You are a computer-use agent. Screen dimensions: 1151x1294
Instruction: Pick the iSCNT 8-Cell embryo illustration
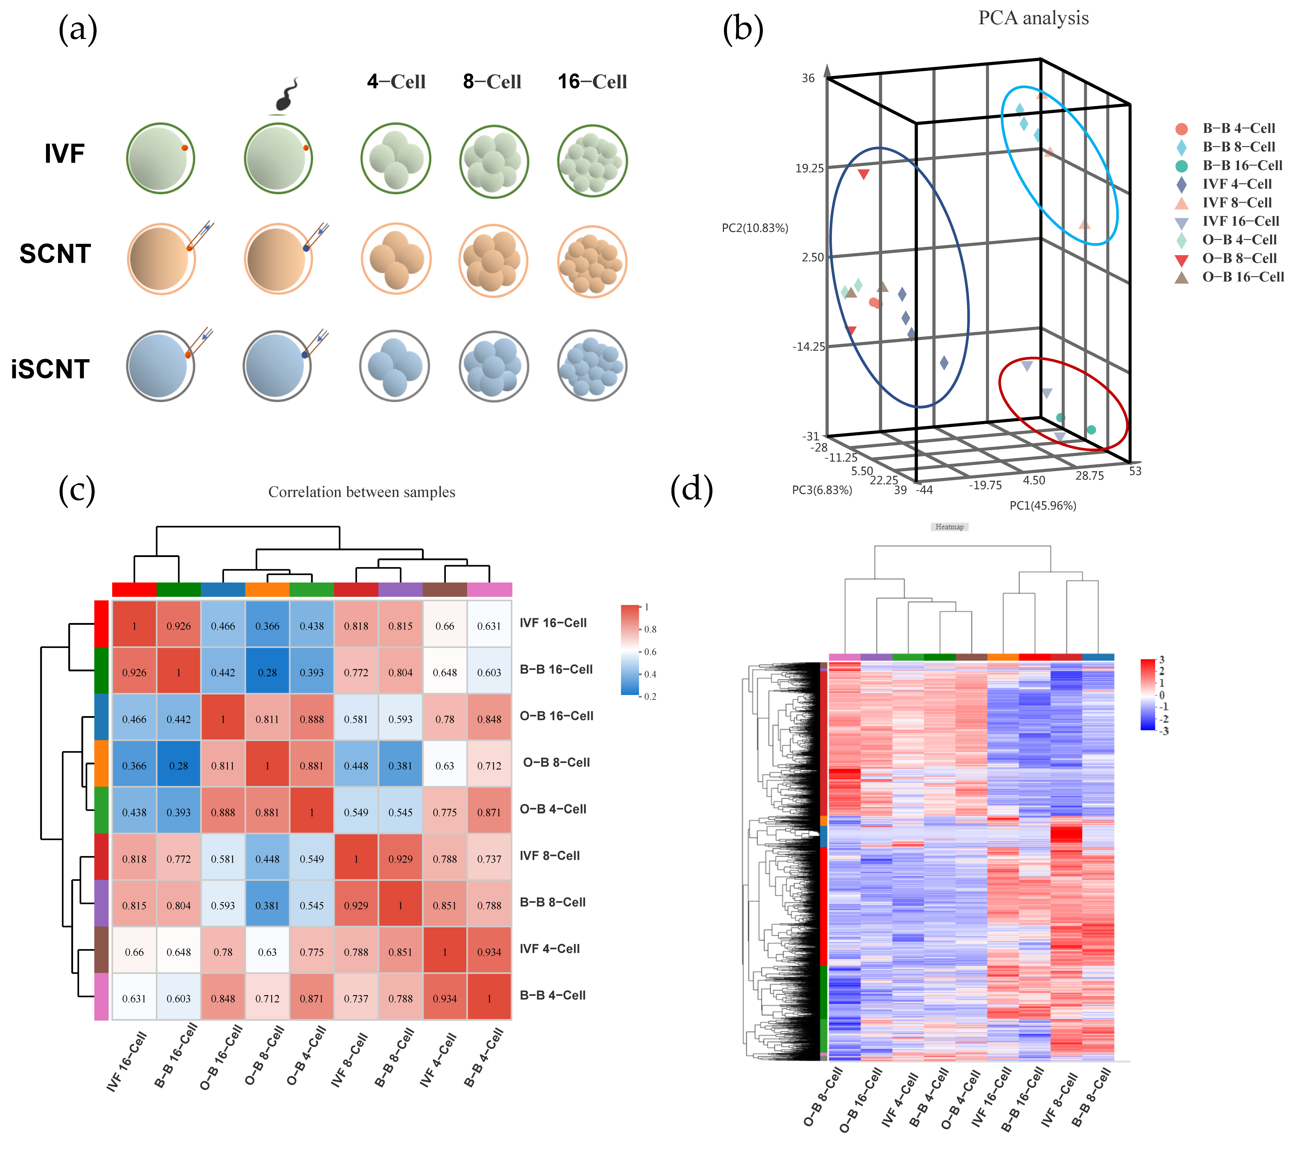pos(493,366)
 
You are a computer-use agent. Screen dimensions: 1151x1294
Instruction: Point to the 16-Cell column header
pos(592,82)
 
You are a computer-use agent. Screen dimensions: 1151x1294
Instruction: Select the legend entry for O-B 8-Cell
pos(1239,258)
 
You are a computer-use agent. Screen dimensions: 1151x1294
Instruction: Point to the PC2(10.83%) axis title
pos(755,228)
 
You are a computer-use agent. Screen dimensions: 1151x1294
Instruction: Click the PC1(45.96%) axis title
pos(1043,505)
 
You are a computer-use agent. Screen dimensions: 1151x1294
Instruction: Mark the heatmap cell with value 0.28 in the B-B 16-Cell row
pos(267,672)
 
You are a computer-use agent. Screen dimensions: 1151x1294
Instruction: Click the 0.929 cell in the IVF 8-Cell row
pos(400,859)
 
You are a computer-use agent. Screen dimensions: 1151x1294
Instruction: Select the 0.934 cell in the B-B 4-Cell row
pos(444,998)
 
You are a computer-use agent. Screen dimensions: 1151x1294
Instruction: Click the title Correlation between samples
pos(361,492)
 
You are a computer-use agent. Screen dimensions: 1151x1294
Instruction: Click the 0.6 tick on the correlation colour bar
pos(650,651)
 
